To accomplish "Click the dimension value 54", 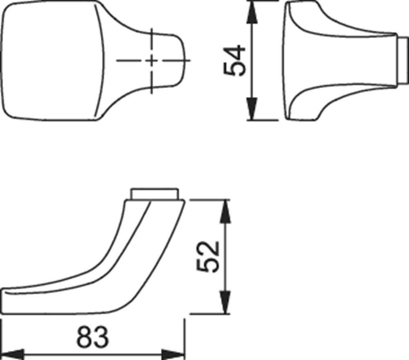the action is [235, 60].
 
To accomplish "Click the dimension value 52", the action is [208, 257].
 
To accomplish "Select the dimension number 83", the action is [92, 337].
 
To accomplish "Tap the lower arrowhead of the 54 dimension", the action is [252, 109].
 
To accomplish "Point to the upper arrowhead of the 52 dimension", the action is [226, 211].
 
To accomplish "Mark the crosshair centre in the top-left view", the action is [152, 60].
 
